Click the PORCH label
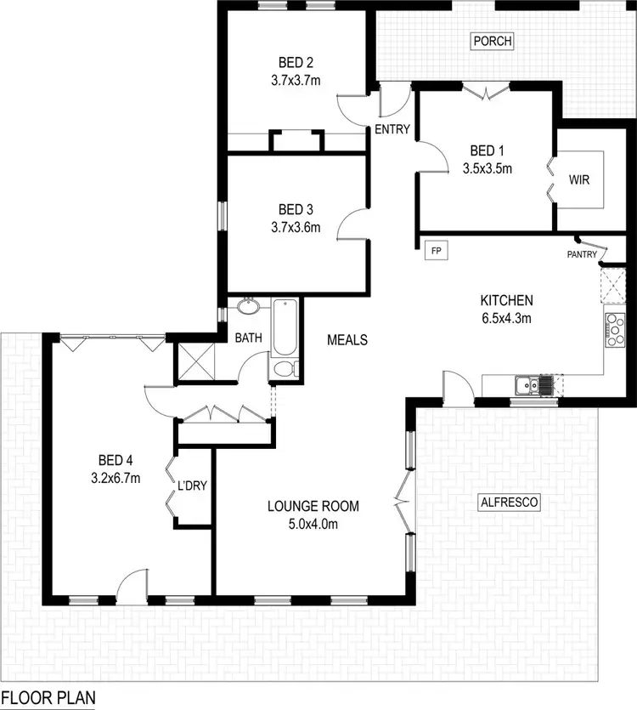pos(493,41)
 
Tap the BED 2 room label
pos(296,62)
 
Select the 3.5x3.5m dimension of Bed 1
pos(487,168)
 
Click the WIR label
pos(579,181)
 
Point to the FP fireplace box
pos(437,251)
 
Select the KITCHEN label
pos(506,300)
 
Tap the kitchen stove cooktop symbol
pos(613,330)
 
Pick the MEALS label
pos(347,340)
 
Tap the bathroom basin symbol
pos(249,306)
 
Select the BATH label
pos(249,338)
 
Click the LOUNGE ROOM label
pos(313,507)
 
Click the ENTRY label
pos(392,130)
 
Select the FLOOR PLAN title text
pos(48,697)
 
